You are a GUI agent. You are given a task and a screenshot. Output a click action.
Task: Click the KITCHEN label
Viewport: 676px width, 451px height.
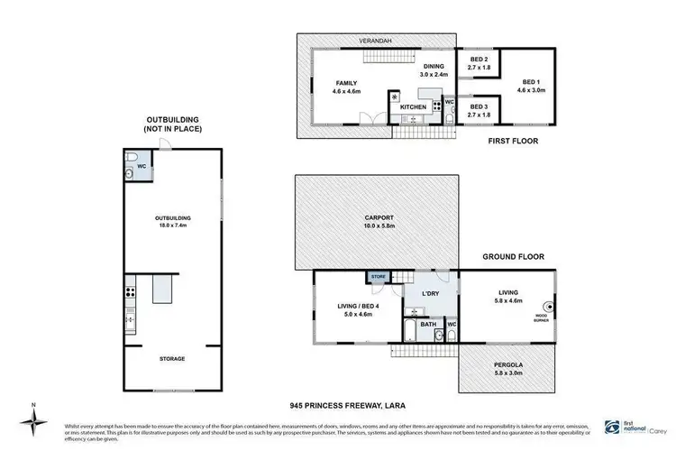pyautogui.click(x=413, y=107)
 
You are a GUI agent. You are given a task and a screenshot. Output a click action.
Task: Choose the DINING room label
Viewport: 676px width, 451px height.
pyautogui.click(x=434, y=69)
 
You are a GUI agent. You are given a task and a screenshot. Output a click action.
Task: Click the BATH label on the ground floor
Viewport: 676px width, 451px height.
pyautogui.click(x=428, y=324)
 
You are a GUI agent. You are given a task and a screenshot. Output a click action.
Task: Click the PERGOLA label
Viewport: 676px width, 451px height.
pyautogui.click(x=509, y=366)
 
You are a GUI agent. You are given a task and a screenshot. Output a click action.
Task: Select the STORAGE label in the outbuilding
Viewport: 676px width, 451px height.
pyautogui.click(x=171, y=358)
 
